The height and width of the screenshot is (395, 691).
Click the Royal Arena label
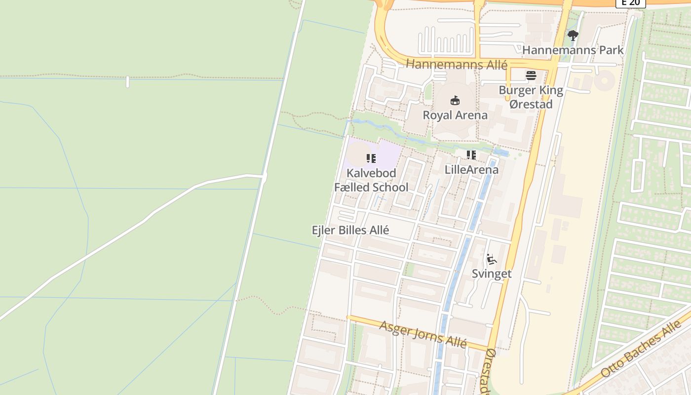coord(455,115)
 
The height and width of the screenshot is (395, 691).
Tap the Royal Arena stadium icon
coord(455,101)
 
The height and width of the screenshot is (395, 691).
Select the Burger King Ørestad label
coord(531,97)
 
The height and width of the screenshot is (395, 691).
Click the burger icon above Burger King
coord(531,76)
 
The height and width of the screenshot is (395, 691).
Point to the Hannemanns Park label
coord(573,50)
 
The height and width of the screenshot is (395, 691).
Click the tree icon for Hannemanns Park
coord(573,36)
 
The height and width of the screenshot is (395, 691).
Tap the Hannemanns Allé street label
coord(456,64)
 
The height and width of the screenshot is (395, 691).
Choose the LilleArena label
coord(471,169)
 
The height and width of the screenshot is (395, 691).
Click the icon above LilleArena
coord(471,155)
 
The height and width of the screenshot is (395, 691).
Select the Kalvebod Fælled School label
coord(371,180)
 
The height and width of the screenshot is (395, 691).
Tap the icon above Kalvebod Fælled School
coord(371,158)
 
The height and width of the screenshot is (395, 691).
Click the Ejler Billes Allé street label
coord(350,230)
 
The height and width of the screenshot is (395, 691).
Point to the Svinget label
coord(492,274)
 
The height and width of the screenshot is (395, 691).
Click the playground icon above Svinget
coord(491,259)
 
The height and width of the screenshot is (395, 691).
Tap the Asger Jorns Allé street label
coord(423,334)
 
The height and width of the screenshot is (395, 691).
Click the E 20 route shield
coord(630,2)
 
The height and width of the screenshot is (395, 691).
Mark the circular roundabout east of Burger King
coord(604,80)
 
